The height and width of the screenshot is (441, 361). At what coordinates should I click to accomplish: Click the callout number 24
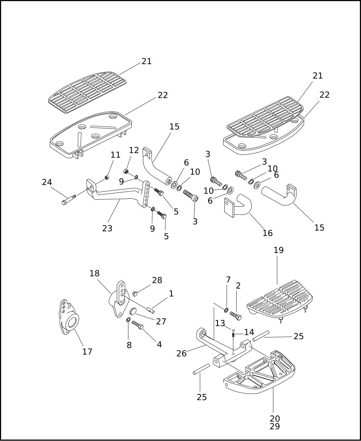(47, 182)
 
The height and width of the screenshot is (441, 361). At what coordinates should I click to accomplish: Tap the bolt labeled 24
(68, 199)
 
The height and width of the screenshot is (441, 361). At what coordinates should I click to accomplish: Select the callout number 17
(87, 351)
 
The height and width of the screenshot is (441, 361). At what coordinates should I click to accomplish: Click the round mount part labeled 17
(69, 318)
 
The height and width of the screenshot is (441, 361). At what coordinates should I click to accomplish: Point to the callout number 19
(279, 250)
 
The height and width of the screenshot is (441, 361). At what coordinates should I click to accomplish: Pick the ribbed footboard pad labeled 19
(280, 300)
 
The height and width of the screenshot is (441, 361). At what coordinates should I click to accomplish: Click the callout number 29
(275, 426)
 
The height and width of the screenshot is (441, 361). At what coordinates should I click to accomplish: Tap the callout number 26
(181, 353)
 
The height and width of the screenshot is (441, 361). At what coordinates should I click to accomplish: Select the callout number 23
(107, 228)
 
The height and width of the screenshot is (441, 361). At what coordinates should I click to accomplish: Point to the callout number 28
(157, 280)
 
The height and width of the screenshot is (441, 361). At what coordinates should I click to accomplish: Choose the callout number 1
(171, 293)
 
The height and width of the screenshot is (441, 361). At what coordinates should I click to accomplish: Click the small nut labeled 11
(107, 178)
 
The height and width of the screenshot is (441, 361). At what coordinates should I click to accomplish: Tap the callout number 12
(134, 150)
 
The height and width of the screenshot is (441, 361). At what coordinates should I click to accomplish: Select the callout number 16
(267, 233)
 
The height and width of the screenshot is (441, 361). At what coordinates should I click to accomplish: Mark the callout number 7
(228, 280)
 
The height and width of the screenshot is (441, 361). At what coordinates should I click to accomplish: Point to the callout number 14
(249, 332)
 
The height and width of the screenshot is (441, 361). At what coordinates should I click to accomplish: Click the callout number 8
(129, 345)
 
